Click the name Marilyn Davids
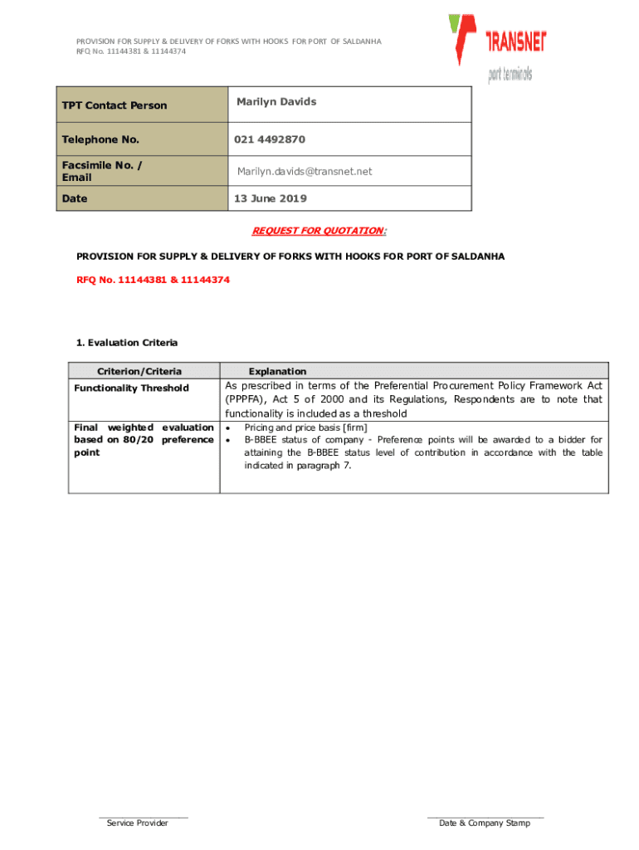click(276, 101)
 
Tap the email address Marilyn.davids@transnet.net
click(305, 171)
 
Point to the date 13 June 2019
click(271, 198)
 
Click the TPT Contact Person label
click(115, 105)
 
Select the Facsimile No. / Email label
click(101, 171)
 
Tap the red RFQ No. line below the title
click(154, 280)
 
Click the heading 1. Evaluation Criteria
click(126, 342)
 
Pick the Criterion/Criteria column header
click(139, 371)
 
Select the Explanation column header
click(277, 371)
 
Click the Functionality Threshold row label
click(131, 388)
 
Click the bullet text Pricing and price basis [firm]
click(305, 427)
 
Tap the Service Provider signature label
click(138, 823)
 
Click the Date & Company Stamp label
click(485, 823)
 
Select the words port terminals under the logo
click(510, 75)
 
